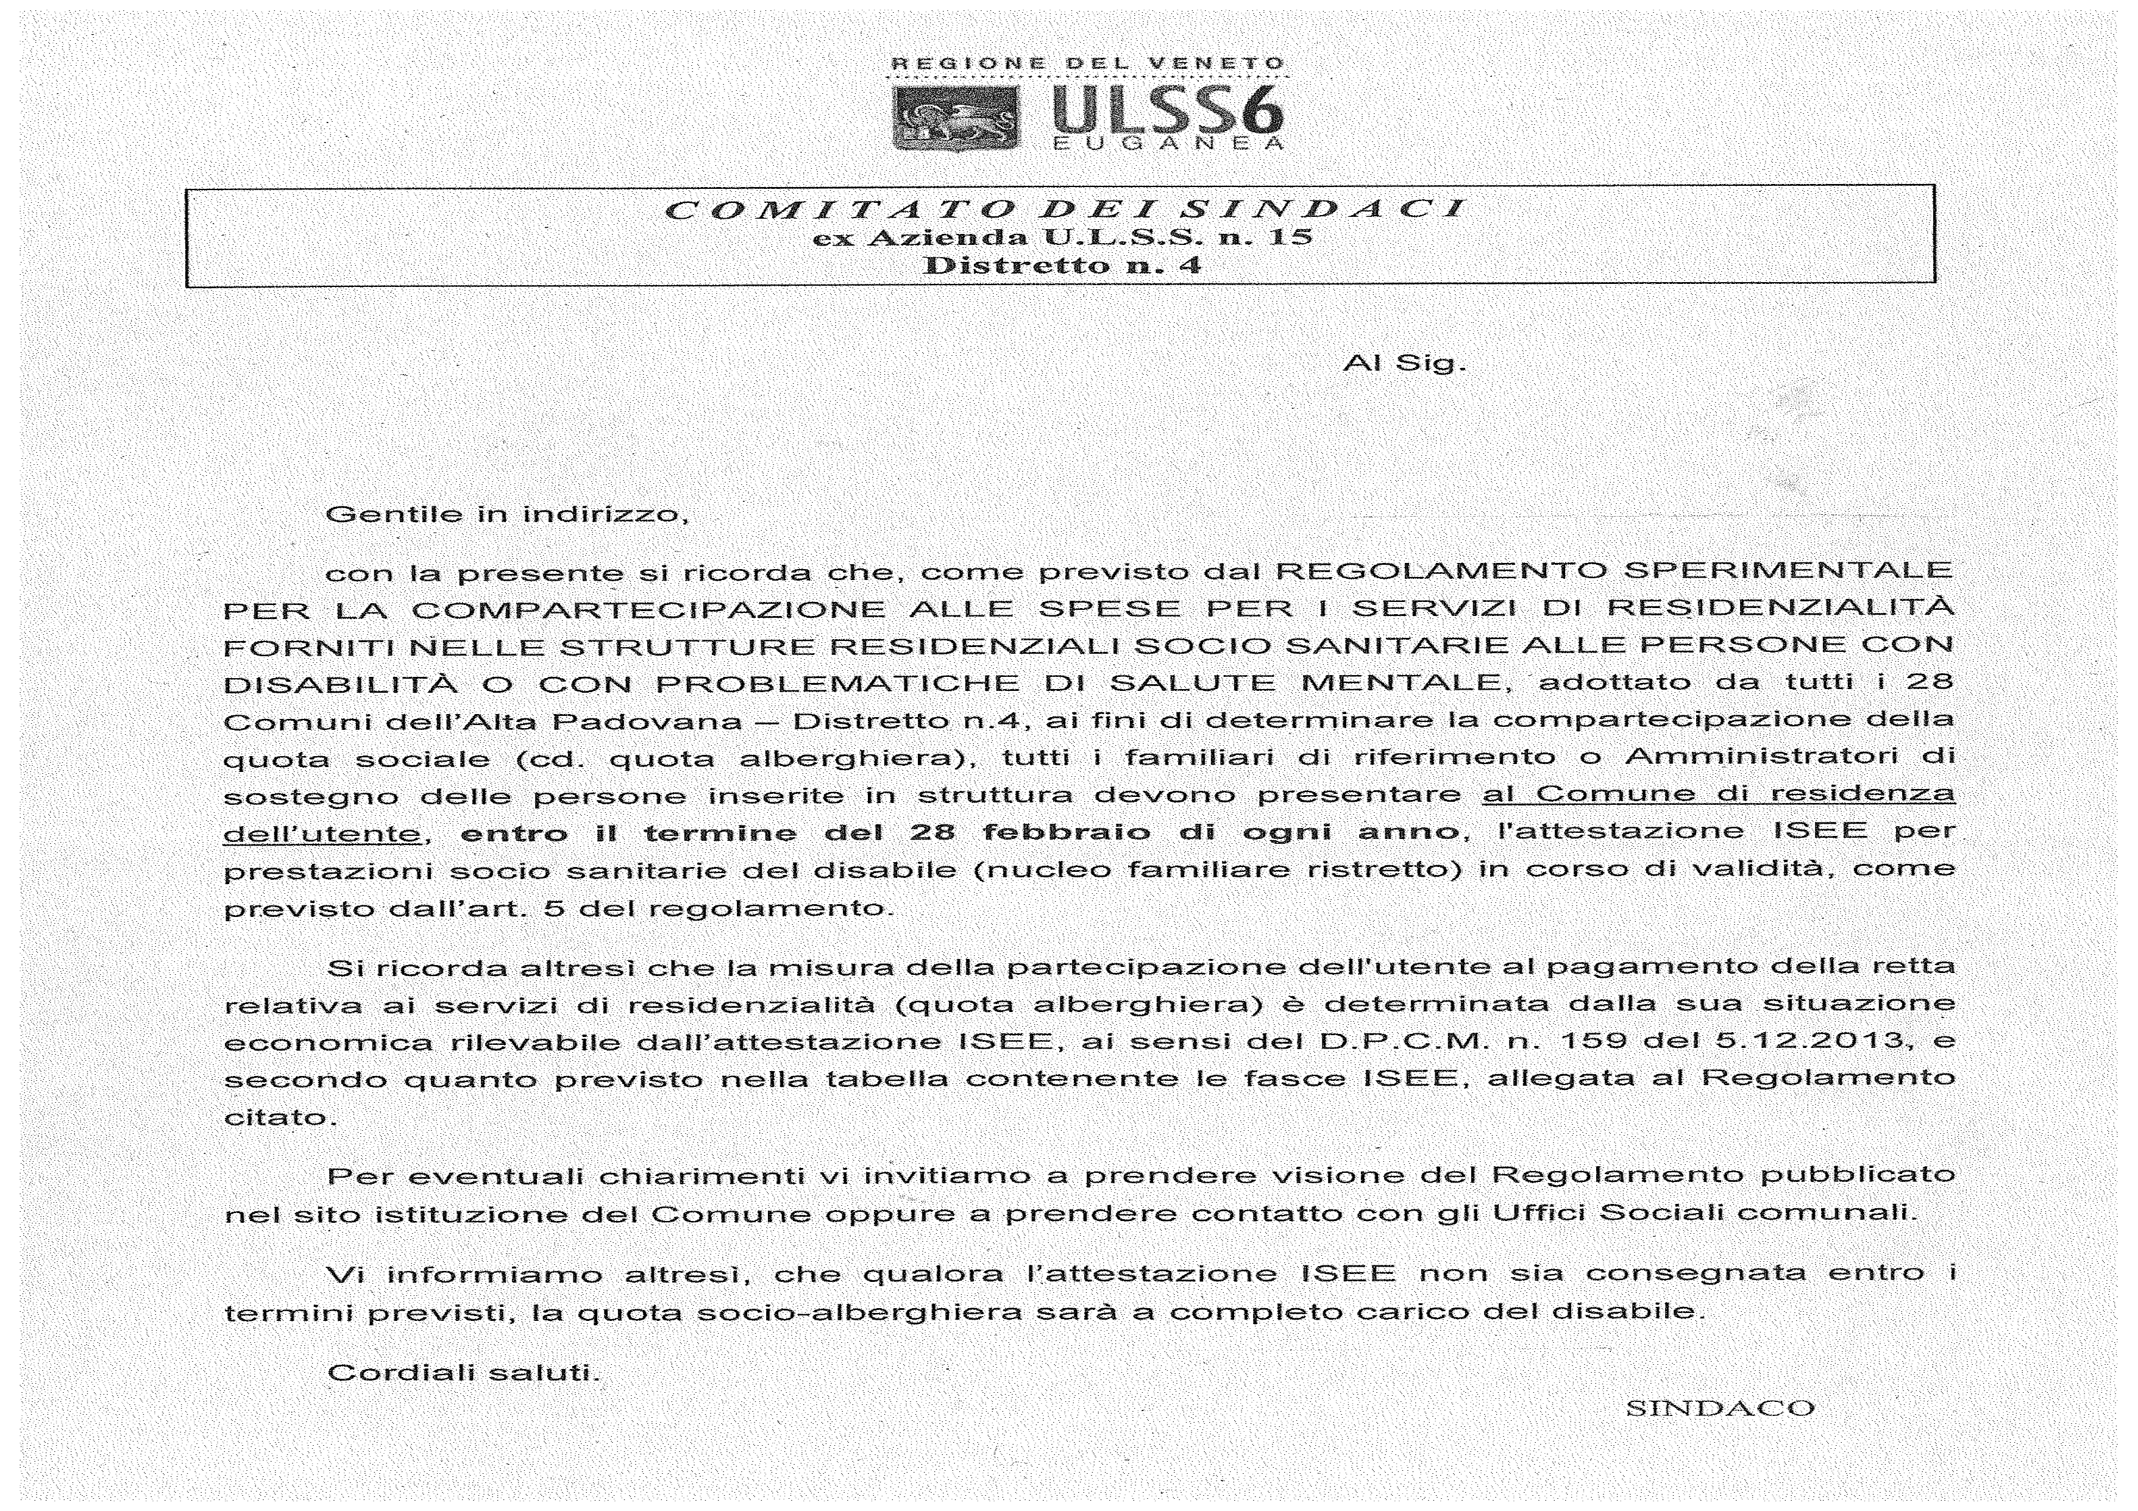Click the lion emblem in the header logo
(x=956, y=118)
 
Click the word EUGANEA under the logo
(x=1168, y=144)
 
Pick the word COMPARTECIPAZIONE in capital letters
(x=648, y=610)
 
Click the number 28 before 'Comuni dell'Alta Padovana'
(x=1930, y=682)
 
